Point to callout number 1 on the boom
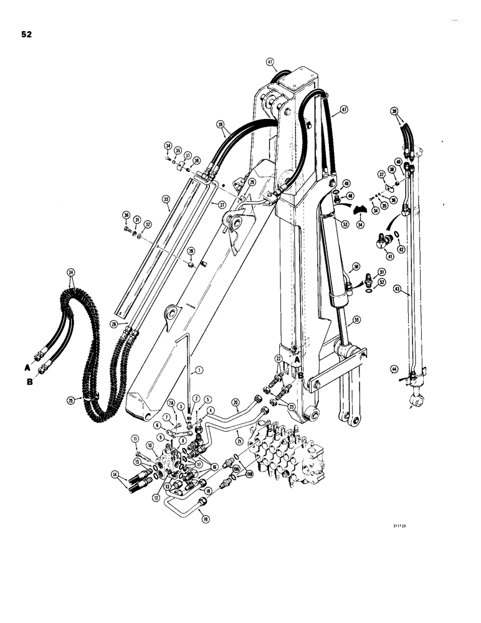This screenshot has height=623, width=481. [x=198, y=370]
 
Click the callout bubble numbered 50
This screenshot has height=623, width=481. [x=355, y=267]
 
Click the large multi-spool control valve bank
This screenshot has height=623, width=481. [x=290, y=449]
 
